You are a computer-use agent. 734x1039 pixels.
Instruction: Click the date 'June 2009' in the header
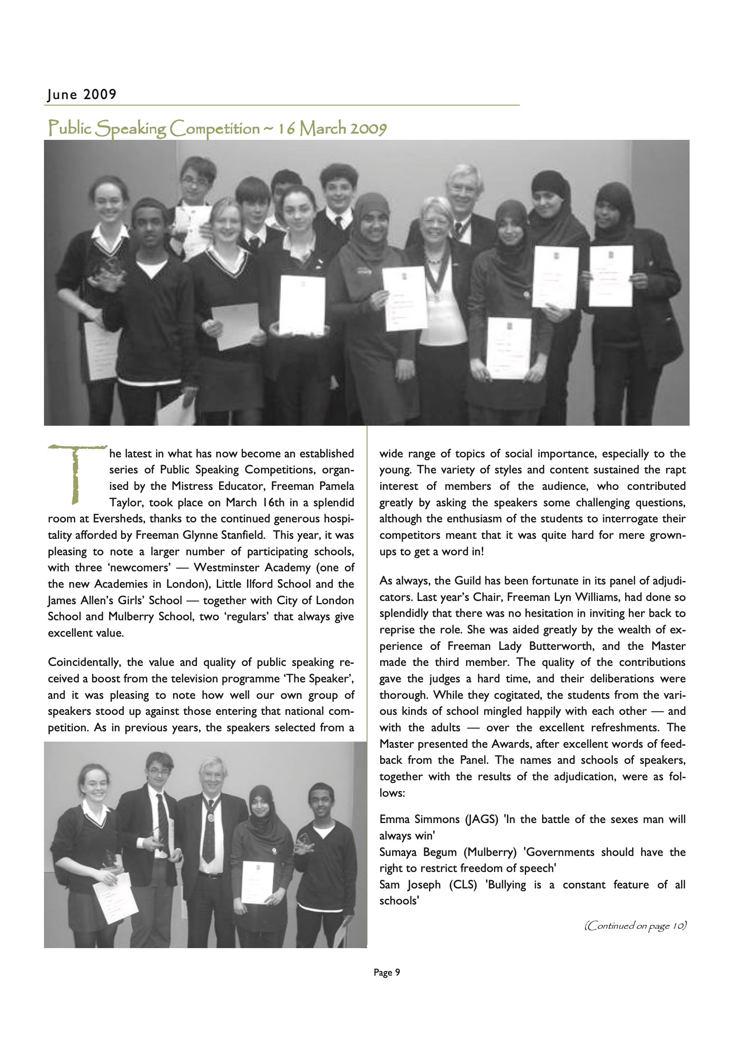click(82, 94)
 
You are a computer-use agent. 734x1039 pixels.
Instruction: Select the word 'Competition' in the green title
click(215, 129)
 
